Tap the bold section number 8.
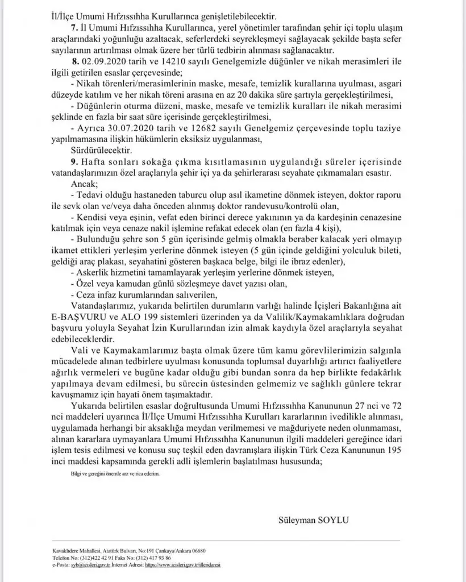coord(75,61)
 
